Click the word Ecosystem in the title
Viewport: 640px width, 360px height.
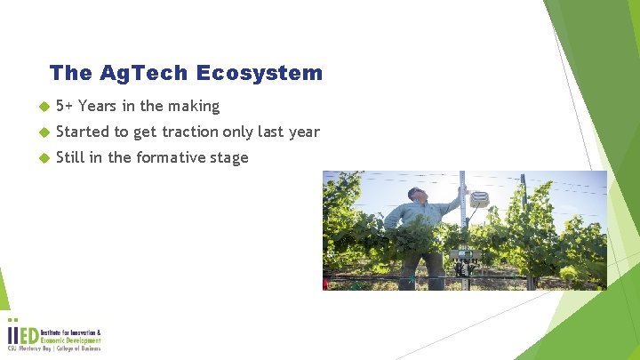pyautogui.click(x=269, y=73)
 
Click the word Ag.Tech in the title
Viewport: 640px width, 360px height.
pyautogui.click(x=150, y=73)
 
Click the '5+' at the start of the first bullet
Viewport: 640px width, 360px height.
pyautogui.click(x=64, y=106)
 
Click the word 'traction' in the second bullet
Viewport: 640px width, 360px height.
pyautogui.click(x=202, y=132)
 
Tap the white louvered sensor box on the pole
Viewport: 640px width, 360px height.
pyautogui.click(x=479, y=200)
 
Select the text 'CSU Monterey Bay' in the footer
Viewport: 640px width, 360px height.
pyautogui.click(x=30, y=349)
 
